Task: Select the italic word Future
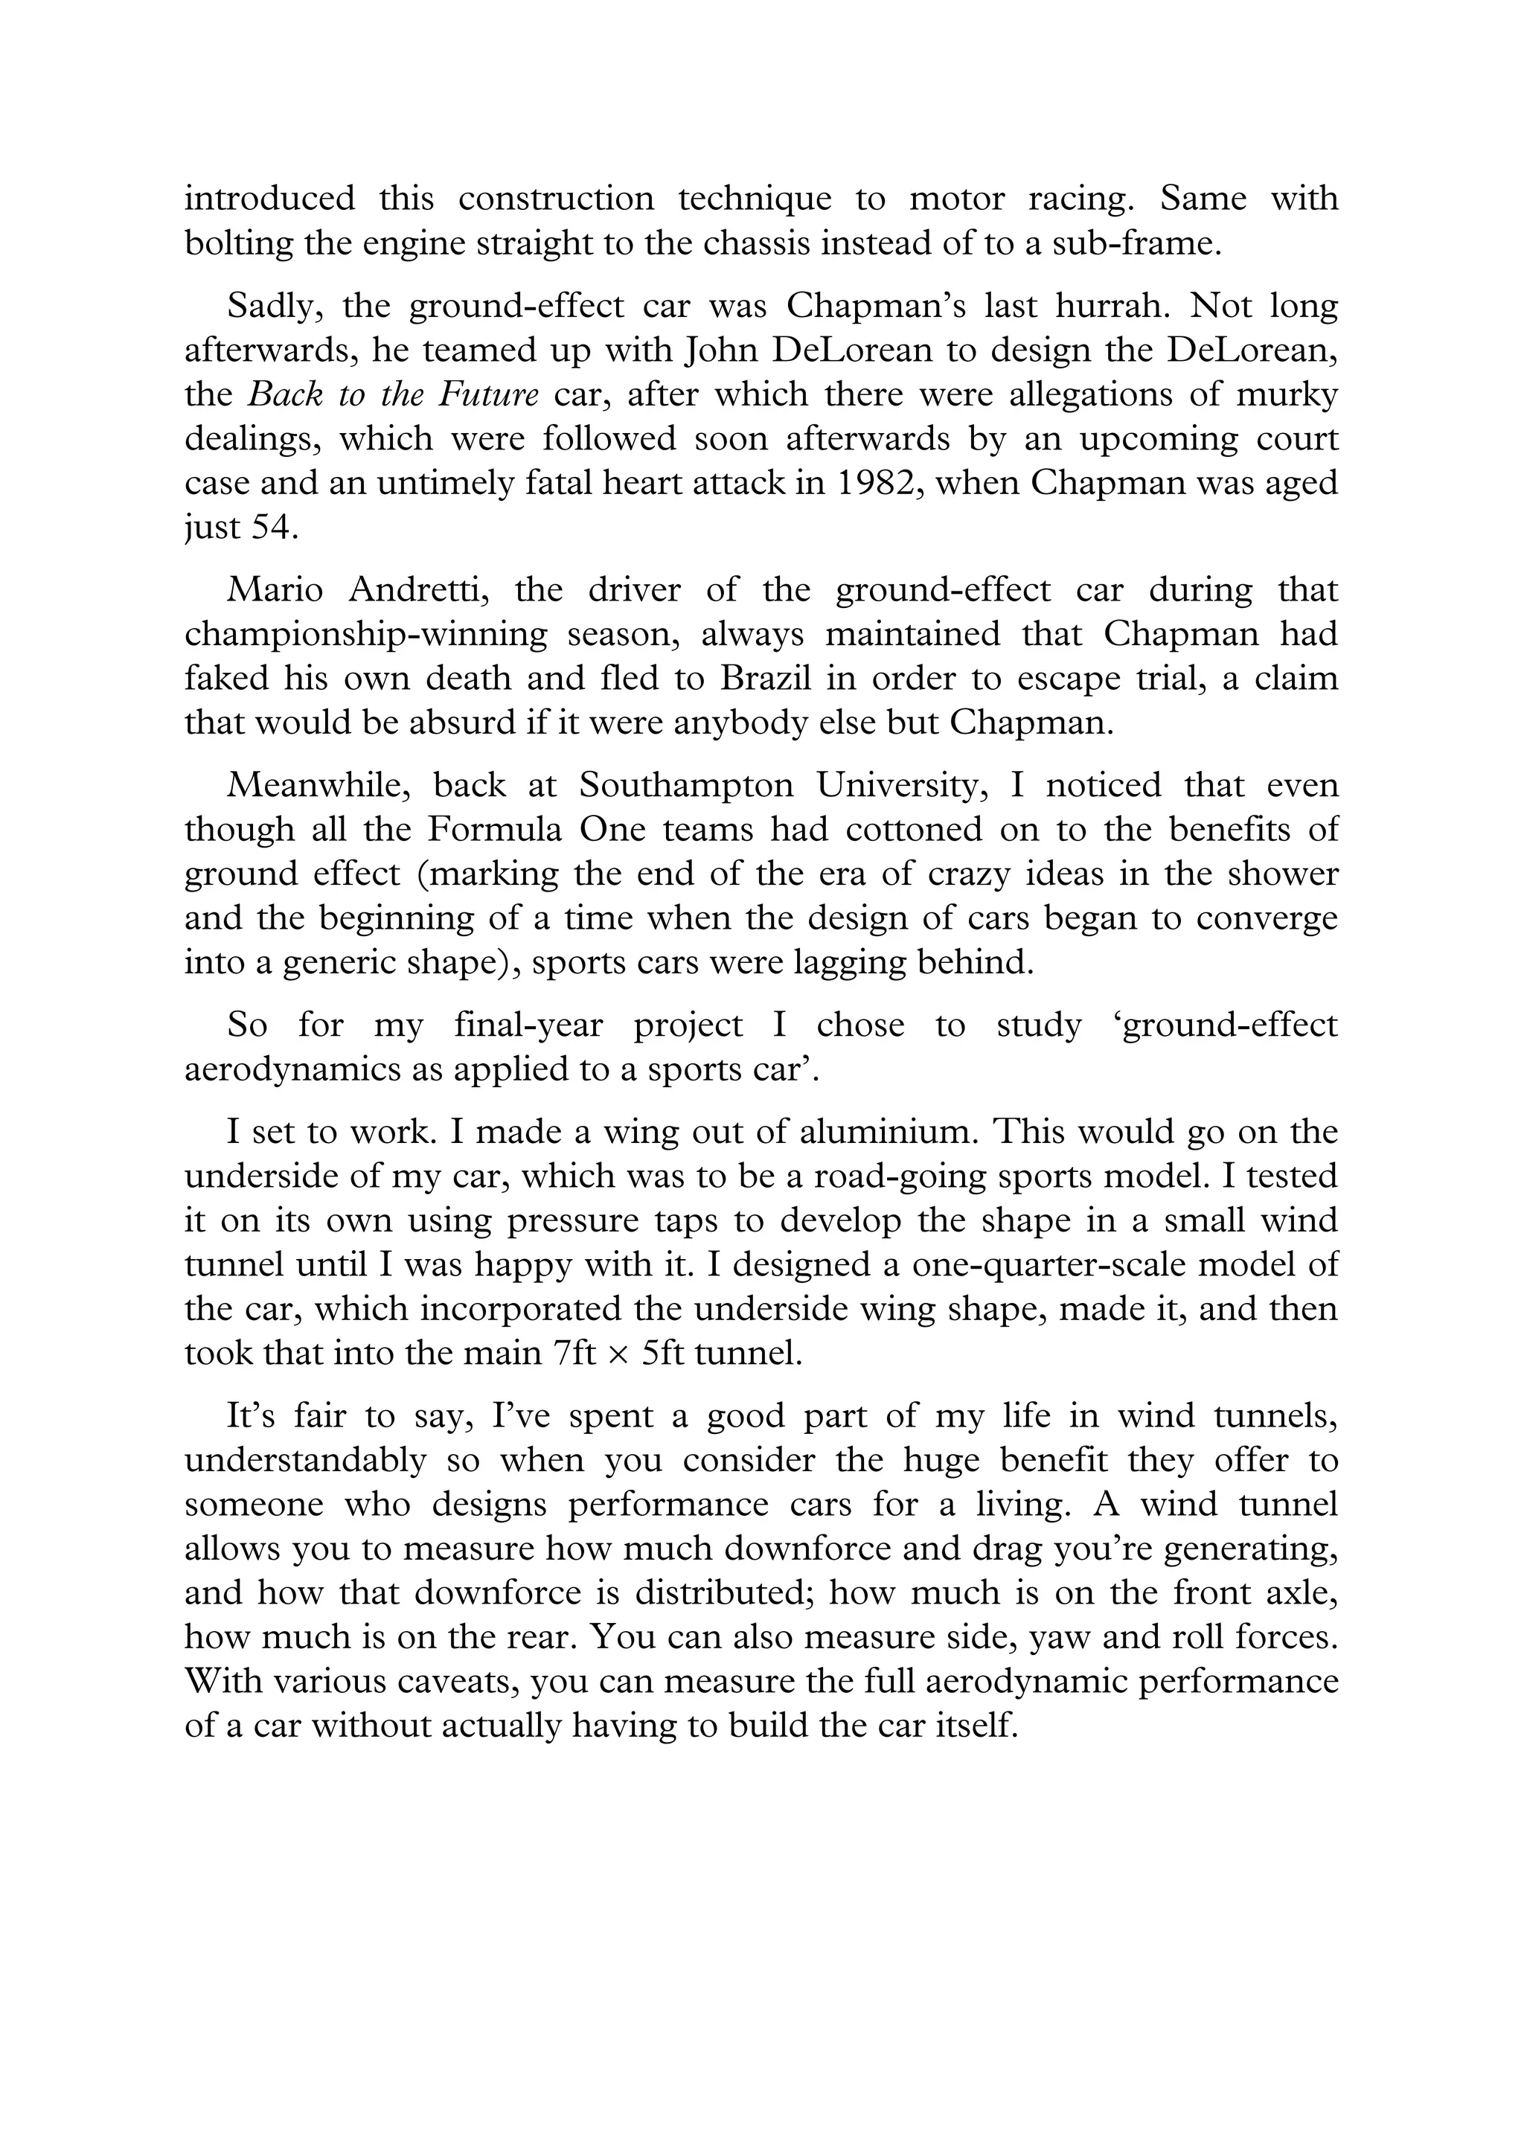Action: point(488,394)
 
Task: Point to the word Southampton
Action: point(687,784)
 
